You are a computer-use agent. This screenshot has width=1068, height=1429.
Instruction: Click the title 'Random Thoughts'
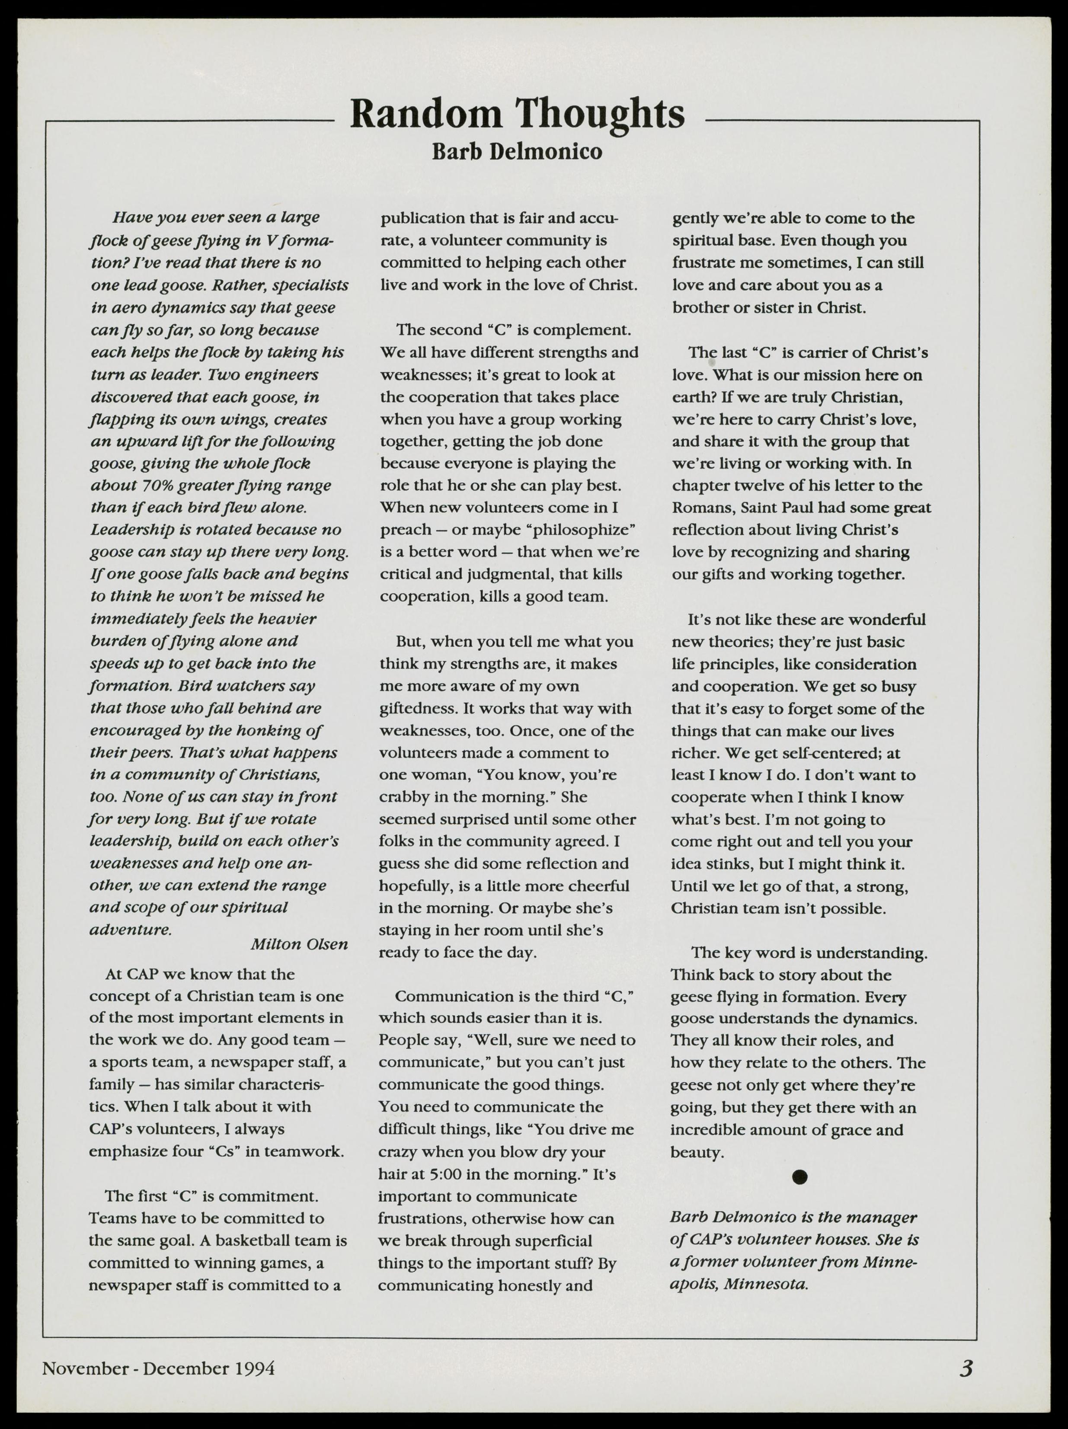coord(517,115)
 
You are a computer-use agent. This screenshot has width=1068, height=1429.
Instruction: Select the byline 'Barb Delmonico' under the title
coord(517,152)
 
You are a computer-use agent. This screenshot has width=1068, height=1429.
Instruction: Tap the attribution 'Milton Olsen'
coord(298,944)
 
